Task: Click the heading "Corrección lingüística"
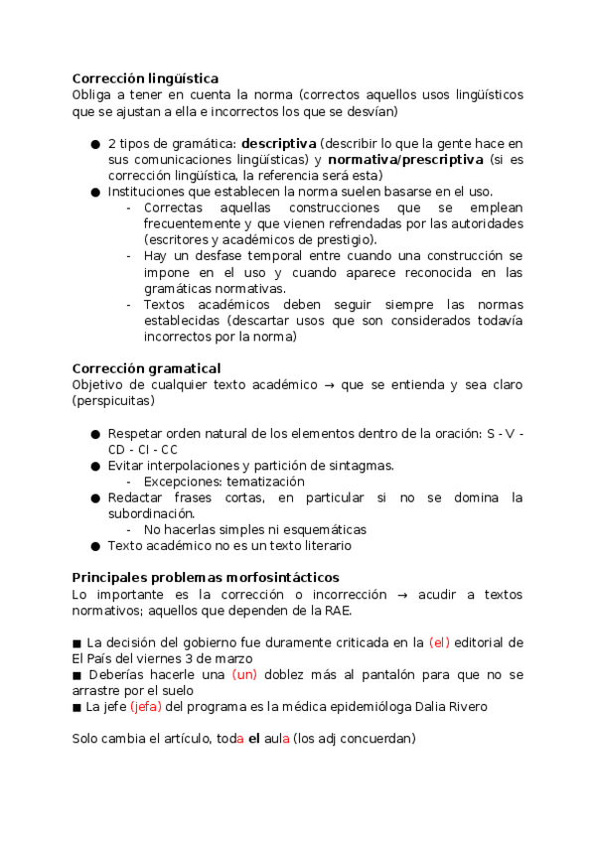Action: [x=145, y=78]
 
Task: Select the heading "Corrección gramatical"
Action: [x=146, y=368]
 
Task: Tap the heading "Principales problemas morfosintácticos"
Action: [x=206, y=577]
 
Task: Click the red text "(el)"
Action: [x=439, y=642]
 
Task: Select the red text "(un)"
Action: [x=245, y=674]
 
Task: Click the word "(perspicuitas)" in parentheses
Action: [x=113, y=400]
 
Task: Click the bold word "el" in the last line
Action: [x=254, y=739]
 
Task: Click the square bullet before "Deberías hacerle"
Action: [x=77, y=675]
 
